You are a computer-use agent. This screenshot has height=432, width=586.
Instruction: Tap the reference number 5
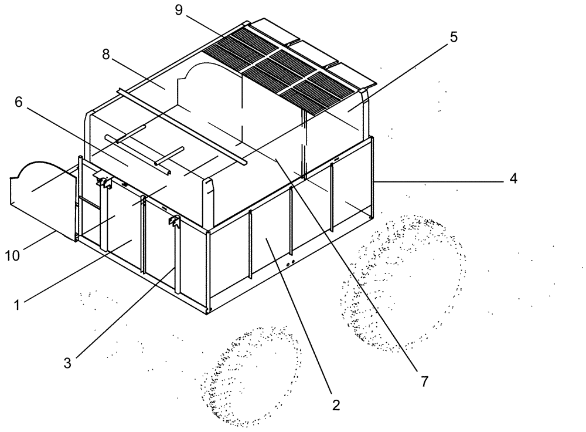coord(454,38)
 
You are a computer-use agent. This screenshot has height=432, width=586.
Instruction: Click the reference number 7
coord(423,380)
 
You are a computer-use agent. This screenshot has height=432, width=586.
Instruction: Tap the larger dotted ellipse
coord(404,282)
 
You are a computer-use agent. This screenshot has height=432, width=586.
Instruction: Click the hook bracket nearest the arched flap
coord(104,182)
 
